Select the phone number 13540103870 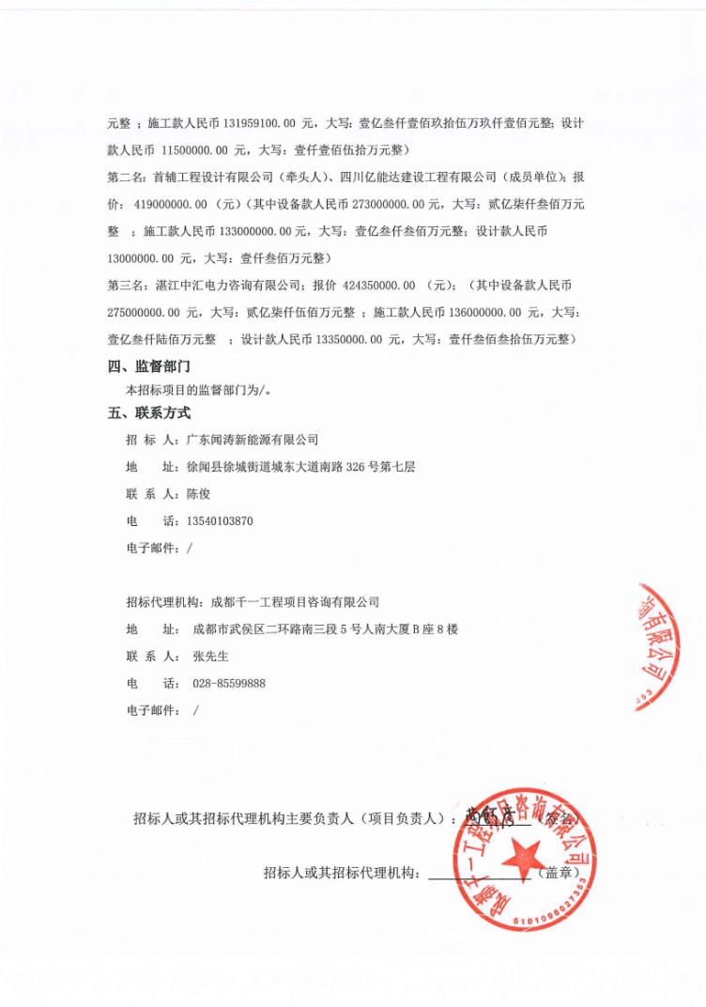pyautogui.click(x=222, y=520)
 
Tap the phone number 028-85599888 pyautogui.click(x=228, y=683)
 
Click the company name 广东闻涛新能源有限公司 pyautogui.click(x=253, y=439)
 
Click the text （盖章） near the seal pyautogui.click(x=558, y=874)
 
